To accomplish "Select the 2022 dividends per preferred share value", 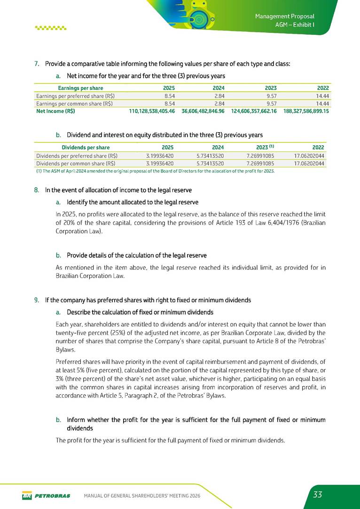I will (308, 155).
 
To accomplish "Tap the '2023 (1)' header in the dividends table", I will (263, 147).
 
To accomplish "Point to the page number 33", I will (318, 494).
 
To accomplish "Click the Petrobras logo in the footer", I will (46, 495).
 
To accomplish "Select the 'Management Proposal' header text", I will (284, 16).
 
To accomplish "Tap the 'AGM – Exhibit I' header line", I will (295, 25).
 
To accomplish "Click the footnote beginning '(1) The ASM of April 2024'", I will (155, 171).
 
